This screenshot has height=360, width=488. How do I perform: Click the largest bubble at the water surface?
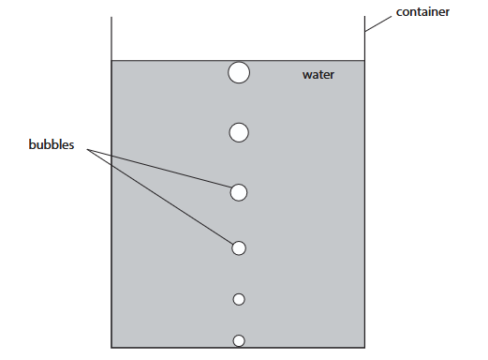point(239,72)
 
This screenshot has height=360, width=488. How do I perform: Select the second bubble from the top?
point(239,132)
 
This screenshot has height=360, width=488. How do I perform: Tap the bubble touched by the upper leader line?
point(239,192)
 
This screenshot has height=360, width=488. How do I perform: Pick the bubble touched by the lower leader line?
point(239,248)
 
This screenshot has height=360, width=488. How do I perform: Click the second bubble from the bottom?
point(239,299)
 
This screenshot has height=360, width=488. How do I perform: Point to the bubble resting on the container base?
point(239,340)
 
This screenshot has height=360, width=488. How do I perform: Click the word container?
point(422,12)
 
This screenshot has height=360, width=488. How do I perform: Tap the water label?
point(318,75)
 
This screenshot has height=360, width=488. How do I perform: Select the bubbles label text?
point(52,144)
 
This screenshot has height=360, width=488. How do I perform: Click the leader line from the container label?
point(378,24)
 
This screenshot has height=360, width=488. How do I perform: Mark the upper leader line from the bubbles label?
point(159,169)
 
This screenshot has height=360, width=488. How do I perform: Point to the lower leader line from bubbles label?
point(160,197)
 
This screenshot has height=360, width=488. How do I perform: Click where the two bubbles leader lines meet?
point(87,150)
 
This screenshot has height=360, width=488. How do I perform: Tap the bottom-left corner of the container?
point(111,347)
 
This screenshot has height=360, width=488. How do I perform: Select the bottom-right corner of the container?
point(364,347)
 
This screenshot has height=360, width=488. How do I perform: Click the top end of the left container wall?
point(111,17)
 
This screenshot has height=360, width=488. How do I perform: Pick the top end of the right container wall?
point(364,16)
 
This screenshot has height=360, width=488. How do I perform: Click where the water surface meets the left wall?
point(111,60)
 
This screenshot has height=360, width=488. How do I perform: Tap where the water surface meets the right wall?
point(364,60)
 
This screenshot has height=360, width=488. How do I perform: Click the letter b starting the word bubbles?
point(32,144)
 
